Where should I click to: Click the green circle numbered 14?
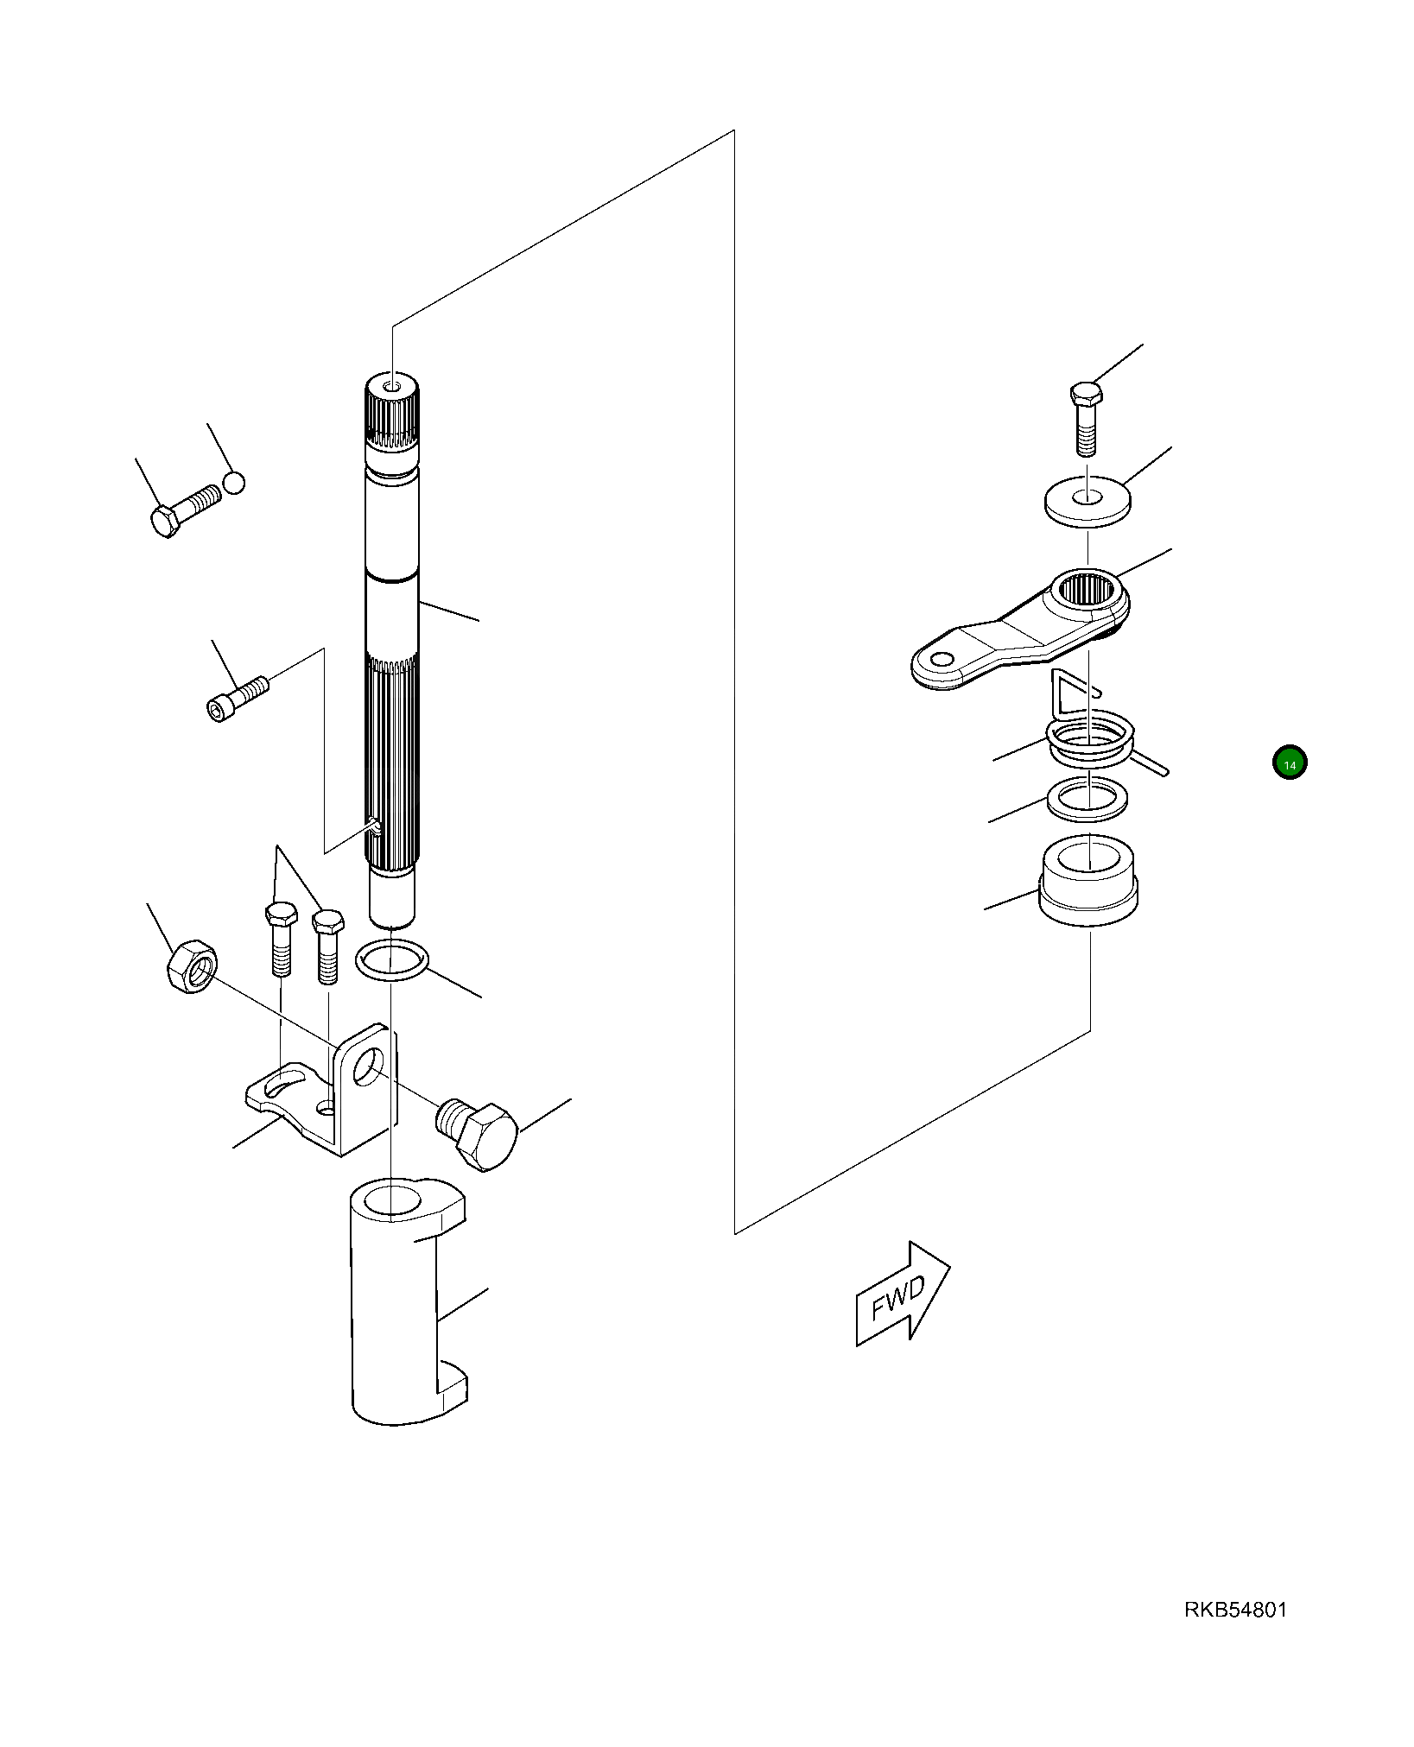[x=1290, y=763]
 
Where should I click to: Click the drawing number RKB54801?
[x=1235, y=1610]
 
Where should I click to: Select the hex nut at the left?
[x=192, y=967]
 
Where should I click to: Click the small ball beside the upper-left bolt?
[x=234, y=482]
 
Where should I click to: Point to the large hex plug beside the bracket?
[x=478, y=1133]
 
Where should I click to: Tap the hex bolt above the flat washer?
[x=1086, y=419]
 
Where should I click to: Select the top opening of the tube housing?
[x=391, y=1201]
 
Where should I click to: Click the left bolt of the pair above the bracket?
[x=280, y=939]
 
